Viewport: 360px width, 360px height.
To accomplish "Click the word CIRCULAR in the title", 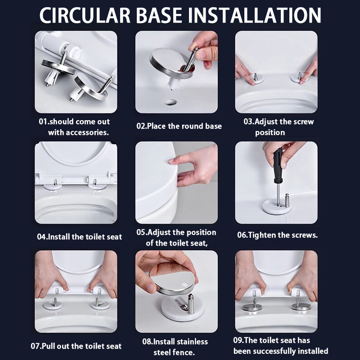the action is tap(85, 15).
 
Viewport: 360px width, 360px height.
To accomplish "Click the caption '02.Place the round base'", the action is tap(179, 126).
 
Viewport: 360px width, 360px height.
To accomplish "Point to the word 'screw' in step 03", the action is tap(303, 121).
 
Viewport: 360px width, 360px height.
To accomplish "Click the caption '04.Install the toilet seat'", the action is tap(80, 237).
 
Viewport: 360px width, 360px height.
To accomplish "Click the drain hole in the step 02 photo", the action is tap(170, 102).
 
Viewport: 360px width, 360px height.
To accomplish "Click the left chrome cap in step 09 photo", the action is tap(252, 307).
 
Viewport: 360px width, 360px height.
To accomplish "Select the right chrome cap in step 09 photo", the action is tap(301, 306).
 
